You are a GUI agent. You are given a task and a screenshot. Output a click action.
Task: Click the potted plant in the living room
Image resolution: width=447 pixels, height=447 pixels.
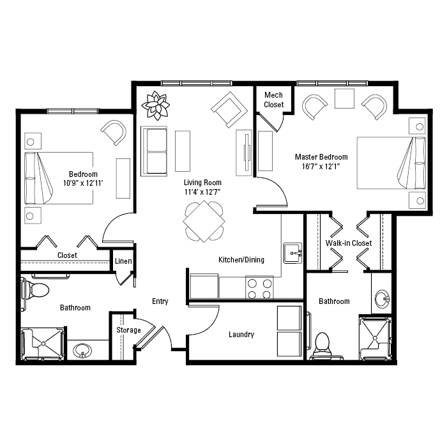tap(156, 105)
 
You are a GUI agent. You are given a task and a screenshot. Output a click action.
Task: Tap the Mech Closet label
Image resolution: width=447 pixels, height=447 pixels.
tap(274, 100)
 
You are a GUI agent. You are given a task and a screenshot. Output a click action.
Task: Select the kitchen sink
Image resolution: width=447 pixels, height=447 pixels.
tap(292, 253)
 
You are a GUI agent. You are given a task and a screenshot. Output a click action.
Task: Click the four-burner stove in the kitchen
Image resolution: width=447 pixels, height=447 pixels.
tap(259, 287)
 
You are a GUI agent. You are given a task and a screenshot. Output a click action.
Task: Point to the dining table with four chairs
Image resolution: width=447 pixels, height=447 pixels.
tap(204, 221)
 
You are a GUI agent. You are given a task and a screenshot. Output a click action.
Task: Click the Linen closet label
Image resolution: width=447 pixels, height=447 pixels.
tap(123, 261)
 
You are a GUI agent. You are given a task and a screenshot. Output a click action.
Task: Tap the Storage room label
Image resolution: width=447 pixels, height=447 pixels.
tap(128, 330)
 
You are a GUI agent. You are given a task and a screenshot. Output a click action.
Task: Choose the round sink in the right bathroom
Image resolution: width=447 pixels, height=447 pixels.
tap(382, 299)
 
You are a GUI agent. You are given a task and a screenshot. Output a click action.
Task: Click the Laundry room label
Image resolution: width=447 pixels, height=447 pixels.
tap(241, 335)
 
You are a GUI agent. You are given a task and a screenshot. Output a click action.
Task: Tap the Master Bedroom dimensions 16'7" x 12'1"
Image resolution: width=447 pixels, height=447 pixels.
tap(321, 167)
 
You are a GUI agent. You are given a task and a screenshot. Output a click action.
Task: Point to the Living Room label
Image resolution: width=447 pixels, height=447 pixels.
tap(202, 183)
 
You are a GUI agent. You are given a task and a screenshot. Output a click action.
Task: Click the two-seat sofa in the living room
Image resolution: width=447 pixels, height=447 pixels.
tap(154, 151)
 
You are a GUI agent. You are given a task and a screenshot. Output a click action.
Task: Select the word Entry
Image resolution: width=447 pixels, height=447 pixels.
tap(160, 301)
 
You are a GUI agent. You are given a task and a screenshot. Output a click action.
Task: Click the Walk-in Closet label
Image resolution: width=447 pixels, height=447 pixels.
tap(349, 243)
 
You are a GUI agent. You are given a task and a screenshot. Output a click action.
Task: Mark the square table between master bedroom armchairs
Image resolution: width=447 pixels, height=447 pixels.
tap(344, 98)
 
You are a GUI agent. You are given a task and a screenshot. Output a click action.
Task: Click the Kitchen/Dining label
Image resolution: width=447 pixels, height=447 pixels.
tap(241, 260)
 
